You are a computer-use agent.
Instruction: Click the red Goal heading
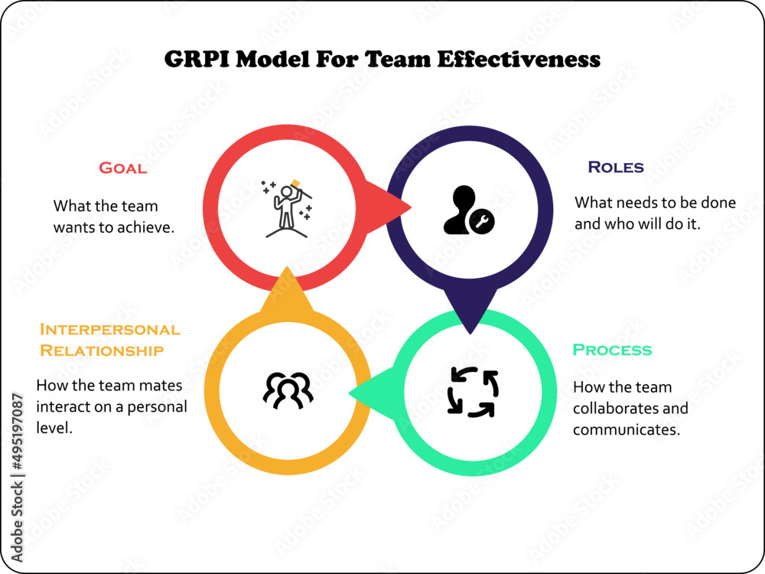click(122, 168)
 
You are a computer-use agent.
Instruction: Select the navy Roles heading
click(615, 167)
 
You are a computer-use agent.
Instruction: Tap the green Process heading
click(612, 350)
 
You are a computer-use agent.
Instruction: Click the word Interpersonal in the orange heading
click(109, 330)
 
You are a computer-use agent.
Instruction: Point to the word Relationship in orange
click(102, 351)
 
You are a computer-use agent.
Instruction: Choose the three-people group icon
click(288, 390)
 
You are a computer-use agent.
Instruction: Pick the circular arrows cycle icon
click(472, 392)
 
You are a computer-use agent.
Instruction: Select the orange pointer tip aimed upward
click(286, 272)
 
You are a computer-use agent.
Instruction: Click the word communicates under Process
click(626, 430)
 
